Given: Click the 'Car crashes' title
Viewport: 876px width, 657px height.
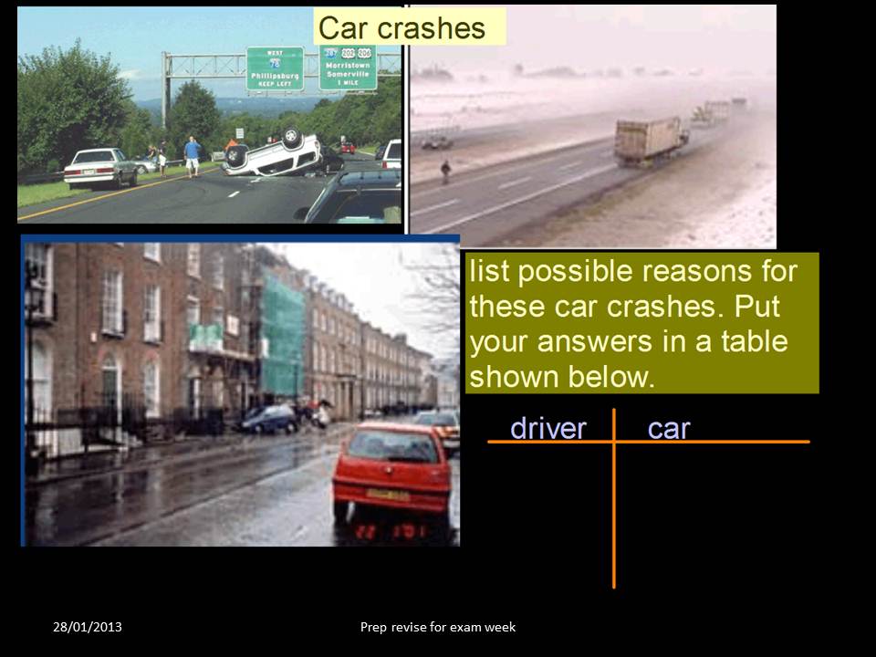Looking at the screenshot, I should pos(401,27).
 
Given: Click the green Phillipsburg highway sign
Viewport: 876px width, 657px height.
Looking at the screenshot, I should pos(275,68).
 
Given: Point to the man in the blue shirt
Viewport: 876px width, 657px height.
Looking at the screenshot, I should pos(192,154).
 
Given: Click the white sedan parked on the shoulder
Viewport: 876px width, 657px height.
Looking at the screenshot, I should pos(100,167).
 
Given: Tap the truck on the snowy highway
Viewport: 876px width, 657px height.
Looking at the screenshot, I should pos(650,140).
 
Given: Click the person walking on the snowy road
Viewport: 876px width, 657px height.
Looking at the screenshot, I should pos(444,172).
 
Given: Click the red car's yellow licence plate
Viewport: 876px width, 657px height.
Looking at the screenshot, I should pos(387,495).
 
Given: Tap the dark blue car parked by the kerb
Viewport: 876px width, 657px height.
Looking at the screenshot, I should pos(269,419).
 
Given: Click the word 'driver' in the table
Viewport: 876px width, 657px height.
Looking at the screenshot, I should pos(547,428).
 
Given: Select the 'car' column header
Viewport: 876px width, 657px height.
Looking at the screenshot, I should pos(669,428).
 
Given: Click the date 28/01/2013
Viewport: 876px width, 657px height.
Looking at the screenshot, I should pos(88,627).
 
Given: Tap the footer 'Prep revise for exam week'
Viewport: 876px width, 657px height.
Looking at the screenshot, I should pos(438,627).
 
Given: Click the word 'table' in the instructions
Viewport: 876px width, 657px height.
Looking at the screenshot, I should pos(751,341).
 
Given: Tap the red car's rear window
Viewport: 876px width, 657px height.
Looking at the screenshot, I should pos(391,446).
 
